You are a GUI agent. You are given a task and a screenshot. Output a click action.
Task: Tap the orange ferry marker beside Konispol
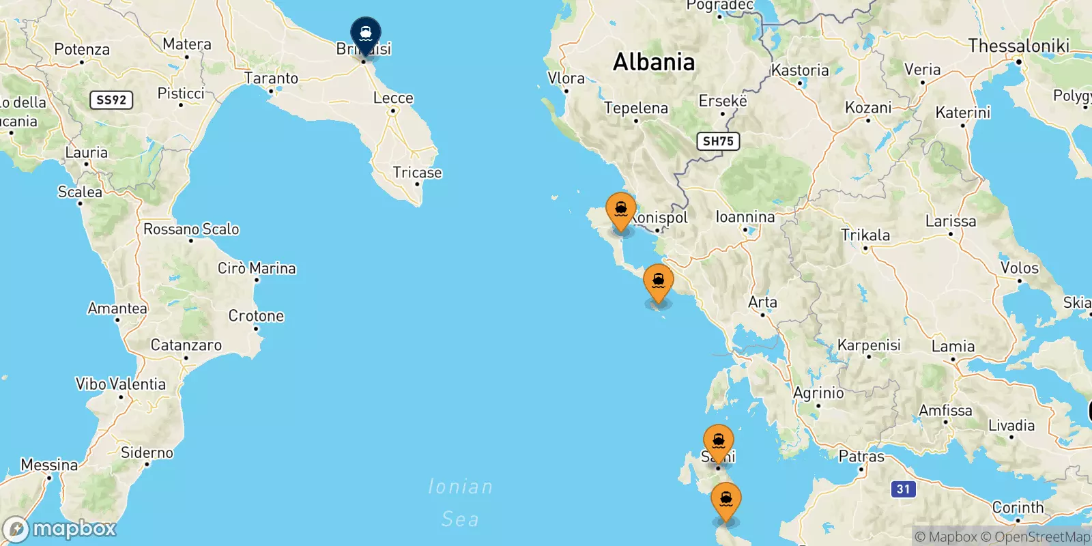tap(621, 210)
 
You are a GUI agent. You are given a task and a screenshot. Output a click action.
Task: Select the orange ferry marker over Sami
tap(719, 442)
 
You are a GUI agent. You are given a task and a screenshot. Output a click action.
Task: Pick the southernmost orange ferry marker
tap(726, 500)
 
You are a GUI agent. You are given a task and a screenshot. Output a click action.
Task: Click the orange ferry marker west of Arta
tap(659, 282)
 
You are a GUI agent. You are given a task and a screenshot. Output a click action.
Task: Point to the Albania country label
tap(654, 62)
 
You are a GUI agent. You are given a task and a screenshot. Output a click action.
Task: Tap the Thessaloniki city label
tap(1018, 46)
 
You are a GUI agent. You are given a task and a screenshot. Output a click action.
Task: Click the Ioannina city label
tap(745, 217)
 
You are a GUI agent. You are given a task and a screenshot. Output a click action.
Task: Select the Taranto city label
tap(271, 78)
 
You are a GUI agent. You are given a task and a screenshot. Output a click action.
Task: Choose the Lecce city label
tap(393, 98)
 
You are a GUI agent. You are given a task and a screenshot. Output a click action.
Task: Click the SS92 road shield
tap(111, 100)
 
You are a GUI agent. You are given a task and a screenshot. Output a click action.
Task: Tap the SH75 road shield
tap(718, 141)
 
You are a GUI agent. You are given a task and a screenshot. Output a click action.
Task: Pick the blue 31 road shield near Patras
tap(903, 489)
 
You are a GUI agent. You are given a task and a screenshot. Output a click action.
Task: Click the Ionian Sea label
tap(460, 503)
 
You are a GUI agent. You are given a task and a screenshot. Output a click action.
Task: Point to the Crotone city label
tap(256, 316)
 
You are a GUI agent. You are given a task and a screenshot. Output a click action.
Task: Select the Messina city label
tap(49, 465)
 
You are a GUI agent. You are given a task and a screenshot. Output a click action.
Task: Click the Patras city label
tap(861, 456)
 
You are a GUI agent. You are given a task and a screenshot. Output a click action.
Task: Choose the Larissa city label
tap(950, 221)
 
